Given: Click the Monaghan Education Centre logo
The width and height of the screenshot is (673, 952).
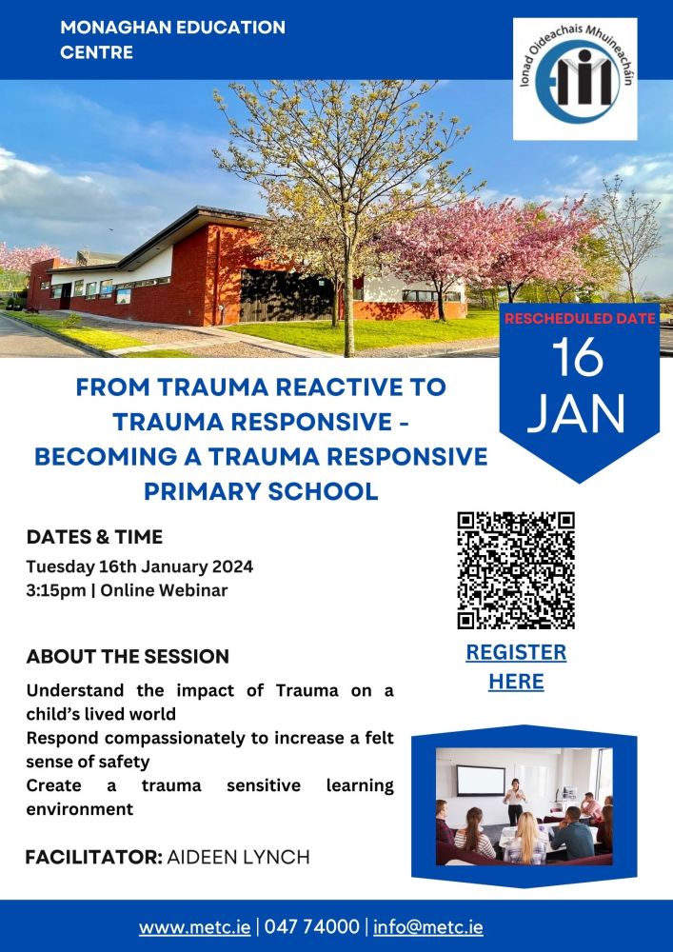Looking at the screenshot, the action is pyautogui.click(x=575, y=79).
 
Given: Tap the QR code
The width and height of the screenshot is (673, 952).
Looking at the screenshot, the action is pyautogui.click(x=516, y=570).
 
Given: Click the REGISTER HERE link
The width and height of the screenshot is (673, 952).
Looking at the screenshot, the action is pyautogui.click(x=516, y=666).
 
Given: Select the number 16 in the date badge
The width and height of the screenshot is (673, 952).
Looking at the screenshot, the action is pyautogui.click(x=578, y=357).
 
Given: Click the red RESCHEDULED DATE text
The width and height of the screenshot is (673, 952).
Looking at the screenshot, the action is pyautogui.click(x=580, y=318).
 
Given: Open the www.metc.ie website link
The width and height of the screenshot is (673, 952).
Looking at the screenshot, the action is pyautogui.click(x=194, y=927).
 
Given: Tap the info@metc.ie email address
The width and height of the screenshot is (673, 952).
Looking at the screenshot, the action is pyautogui.click(x=428, y=927).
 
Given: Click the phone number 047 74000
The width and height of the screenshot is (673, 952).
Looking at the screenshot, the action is pyautogui.click(x=312, y=927).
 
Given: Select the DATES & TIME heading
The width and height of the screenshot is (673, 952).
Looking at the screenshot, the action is pyautogui.click(x=94, y=537).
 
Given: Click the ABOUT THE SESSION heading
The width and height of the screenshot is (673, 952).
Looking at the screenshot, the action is pyautogui.click(x=129, y=656).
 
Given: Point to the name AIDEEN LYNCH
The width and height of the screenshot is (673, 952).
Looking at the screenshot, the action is pyautogui.click(x=238, y=858).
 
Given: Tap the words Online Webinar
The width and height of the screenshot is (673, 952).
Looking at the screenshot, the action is pyautogui.click(x=164, y=590).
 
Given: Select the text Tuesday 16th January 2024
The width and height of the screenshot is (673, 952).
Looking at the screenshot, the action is pyautogui.click(x=140, y=567).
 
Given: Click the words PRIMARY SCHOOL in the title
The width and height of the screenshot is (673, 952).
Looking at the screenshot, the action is pyautogui.click(x=261, y=491).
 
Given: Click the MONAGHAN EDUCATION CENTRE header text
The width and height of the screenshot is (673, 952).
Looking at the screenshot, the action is pyautogui.click(x=172, y=39).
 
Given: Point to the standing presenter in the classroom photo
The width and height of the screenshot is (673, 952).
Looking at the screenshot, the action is pyautogui.click(x=515, y=801).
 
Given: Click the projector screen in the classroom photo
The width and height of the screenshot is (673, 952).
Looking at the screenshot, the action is pyautogui.click(x=481, y=781).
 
